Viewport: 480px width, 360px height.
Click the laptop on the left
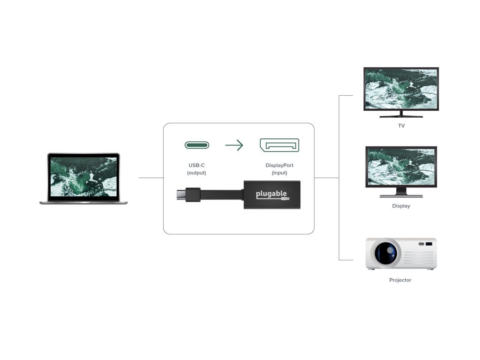[x=83, y=178]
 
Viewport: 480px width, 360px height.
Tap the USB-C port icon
[x=197, y=145]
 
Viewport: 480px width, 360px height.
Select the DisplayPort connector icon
[x=279, y=145]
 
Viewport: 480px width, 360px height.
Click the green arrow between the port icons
[x=234, y=145]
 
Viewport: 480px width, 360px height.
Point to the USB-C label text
[x=196, y=165]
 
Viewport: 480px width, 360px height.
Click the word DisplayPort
[x=279, y=165]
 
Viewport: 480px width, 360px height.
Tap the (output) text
[x=196, y=173]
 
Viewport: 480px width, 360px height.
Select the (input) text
[x=279, y=173]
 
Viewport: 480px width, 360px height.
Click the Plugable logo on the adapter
[x=273, y=195]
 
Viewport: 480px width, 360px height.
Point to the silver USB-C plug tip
[x=181, y=195]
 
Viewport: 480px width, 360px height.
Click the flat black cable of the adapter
[x=221, y=195]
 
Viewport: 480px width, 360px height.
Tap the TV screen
[x=401, y=89]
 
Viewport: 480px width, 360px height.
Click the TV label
[x=401, y=126]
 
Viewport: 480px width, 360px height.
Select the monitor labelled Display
[x=401, y=172]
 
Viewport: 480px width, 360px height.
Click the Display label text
[x=401, y=206]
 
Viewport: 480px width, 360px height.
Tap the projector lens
[x=386, y=253]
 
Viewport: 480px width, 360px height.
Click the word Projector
[x=400, y=280]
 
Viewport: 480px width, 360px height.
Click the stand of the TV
[x=401, y=114]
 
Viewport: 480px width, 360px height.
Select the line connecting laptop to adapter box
[x=151, y=178]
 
